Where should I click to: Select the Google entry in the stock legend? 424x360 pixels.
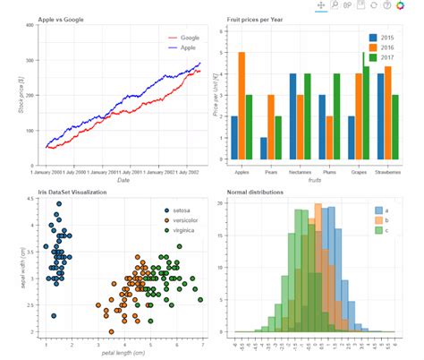click(x=189, y=38)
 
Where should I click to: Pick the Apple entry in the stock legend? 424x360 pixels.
click(x=189, y=47)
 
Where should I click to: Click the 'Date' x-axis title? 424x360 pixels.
click(x=123, y=180)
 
